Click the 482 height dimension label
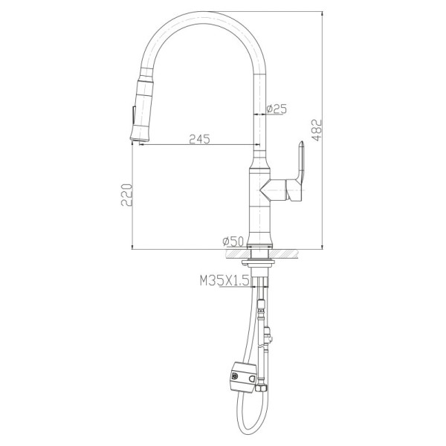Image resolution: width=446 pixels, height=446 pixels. click(317, 130)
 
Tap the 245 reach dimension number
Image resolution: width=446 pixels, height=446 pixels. click(199, 139)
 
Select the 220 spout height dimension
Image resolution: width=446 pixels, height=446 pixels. click(126, 195)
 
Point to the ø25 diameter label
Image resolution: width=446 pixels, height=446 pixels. click(277, 109)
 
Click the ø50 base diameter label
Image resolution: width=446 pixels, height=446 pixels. click(233, 242)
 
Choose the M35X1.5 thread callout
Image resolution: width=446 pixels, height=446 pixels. click(224, 281)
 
